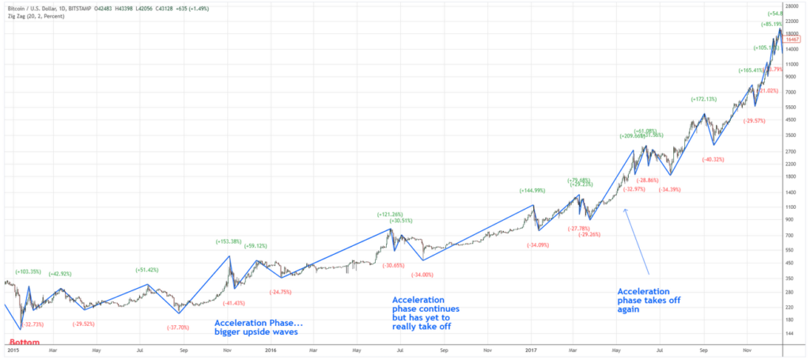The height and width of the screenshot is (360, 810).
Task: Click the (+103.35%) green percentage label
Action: point(28,271)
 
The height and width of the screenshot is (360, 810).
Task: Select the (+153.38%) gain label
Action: point(229,241)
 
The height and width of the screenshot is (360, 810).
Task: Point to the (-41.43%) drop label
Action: point(233,303)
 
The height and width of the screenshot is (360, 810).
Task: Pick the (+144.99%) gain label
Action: point(533,191)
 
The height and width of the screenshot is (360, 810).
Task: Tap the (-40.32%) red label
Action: point(713,159)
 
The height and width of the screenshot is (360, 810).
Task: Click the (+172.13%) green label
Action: point(703,99)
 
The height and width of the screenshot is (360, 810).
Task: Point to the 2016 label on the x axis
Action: point(271,349)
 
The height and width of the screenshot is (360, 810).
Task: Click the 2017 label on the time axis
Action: point(530,349)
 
